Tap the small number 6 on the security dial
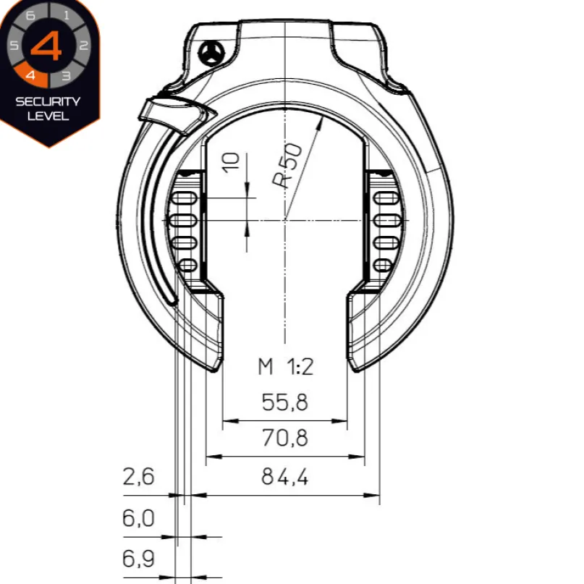click(30, 15)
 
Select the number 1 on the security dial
click(67, 15)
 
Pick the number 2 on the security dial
click(84, 46)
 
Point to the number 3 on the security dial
click(67, 75)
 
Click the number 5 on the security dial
click(14, 46)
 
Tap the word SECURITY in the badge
click(48, 102)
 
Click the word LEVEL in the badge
click(48, 116)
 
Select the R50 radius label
click(287, 165)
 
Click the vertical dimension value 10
click(231, 163)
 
